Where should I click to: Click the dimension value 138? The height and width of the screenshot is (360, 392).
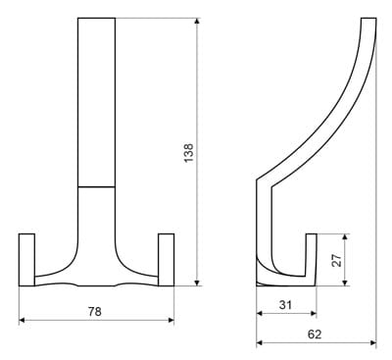189,153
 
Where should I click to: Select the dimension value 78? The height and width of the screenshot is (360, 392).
95,311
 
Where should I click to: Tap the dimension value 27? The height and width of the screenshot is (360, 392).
336,260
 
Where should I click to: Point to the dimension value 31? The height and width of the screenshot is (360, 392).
285,305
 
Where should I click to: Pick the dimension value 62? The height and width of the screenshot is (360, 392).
315,334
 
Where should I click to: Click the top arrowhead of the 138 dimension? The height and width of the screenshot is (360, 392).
196,21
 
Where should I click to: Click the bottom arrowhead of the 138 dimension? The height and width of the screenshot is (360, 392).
196,283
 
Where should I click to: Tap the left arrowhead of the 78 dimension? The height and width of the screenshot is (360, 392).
23,320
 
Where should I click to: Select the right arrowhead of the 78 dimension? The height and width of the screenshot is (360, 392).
171,320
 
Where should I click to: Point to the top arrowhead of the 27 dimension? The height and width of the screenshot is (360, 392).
345,237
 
